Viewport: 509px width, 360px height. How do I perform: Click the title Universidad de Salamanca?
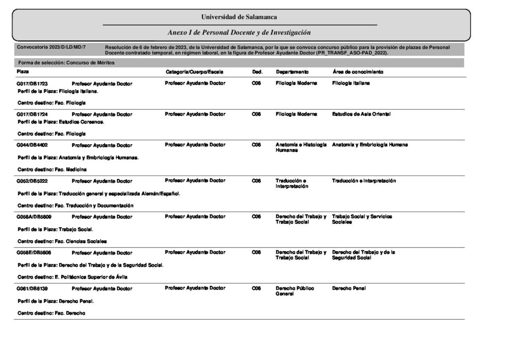[239, 17]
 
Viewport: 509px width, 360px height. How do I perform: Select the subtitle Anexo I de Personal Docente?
[239, 32]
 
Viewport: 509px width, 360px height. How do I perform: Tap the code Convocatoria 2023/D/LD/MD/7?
[51, 47]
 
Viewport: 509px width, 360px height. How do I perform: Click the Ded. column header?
[257, 72]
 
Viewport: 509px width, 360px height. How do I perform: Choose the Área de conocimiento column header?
[357, 72]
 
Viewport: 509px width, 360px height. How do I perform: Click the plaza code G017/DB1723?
[35, 84]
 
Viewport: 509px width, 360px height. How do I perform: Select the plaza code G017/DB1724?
[35, 114]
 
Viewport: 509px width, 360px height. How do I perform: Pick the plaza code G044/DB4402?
[35, 145]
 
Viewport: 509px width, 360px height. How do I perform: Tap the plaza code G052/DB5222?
[35, 181]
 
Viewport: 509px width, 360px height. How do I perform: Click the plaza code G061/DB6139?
[35, 288]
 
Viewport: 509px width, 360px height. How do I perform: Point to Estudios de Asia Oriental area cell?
[361, 114]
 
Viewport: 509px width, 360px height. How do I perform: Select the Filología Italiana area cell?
[350, 84]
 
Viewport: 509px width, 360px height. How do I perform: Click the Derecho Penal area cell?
[348, 288]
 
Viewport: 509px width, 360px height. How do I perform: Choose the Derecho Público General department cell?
[295, 291]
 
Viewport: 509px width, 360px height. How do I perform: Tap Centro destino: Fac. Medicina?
[52, 170]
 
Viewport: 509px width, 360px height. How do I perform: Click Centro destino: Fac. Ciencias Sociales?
[62, 241]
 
